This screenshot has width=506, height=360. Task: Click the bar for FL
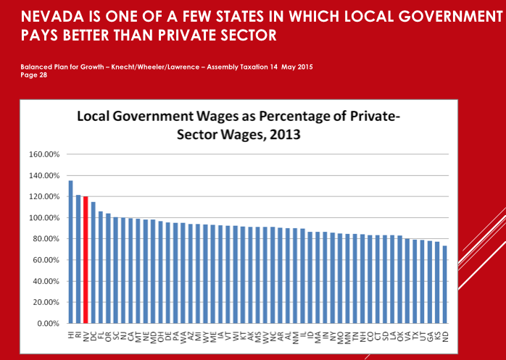pos(100,267)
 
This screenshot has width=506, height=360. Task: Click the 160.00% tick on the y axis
pos(46,154)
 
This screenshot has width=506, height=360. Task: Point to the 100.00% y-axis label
pos(46,218)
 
